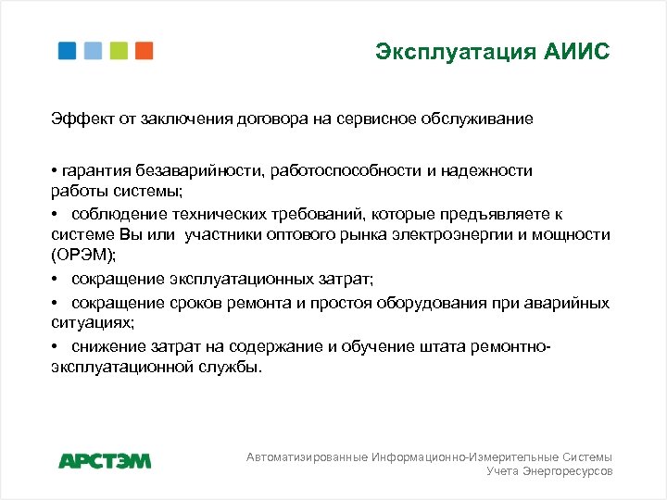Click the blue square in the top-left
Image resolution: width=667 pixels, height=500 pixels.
coord(68,50)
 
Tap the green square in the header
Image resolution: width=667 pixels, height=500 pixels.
coord(119,50)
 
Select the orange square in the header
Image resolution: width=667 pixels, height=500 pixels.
coord(144,50)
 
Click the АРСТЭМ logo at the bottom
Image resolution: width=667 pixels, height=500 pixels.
coord(105,460)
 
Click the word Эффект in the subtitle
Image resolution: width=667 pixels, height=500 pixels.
coord(77,119)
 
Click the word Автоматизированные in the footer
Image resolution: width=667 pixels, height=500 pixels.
coord(307,457)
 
